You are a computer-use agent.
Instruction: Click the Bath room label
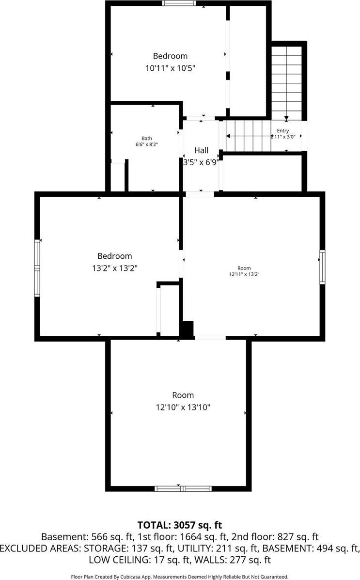click(146, 138)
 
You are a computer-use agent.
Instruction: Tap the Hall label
click(201, 150)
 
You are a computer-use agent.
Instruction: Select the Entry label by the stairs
click(283, 131)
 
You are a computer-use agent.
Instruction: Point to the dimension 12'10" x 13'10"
click(180, 408)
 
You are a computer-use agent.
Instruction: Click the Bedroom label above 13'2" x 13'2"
click(114, 256)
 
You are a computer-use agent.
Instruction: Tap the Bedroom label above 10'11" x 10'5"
click(170, 56)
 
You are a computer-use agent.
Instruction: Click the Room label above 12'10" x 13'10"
click(183, 395)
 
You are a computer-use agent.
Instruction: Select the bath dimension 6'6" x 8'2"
click(146, 144)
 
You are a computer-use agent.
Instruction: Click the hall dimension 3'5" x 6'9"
click(201, 162)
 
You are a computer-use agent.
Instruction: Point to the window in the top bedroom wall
click(179, 3)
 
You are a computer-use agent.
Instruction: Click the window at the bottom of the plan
click(183, 488)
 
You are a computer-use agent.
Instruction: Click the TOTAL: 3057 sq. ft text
click(180, 525)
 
